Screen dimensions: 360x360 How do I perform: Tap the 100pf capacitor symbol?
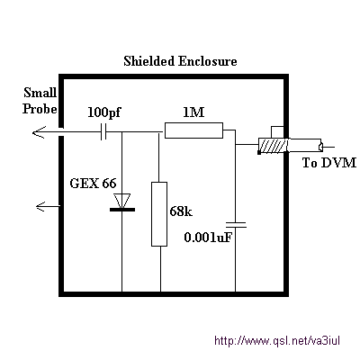click(x=103, y=131)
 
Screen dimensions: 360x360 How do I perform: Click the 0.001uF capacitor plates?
click(x=236, y=225)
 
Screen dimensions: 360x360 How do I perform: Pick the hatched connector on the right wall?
click(x=273, y=146)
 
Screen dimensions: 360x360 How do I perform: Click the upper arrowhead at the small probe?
click(x=39, y=132)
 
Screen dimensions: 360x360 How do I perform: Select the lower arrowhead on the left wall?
click(x=40, y=206)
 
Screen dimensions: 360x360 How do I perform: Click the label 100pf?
click(x=103, y=113)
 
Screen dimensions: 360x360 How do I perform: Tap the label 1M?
click(x=193, y=112)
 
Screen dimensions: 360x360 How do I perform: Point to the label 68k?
click(x=181, y=211)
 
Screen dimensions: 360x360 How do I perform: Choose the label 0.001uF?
click(x=208, y=238)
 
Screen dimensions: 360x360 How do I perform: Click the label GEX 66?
click(x=93, y=183)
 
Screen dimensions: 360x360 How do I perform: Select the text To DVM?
click(x=329, y=163)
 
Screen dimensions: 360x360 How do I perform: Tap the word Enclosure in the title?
click(x=208, y=61)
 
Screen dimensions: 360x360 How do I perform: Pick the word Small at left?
click(x=40, y=93)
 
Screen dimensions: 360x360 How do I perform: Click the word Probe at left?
click(x=40, y=109)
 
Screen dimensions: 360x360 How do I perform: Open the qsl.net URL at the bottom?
click(x=277, y=341)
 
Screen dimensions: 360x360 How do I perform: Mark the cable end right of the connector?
click(x=320, y=147)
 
